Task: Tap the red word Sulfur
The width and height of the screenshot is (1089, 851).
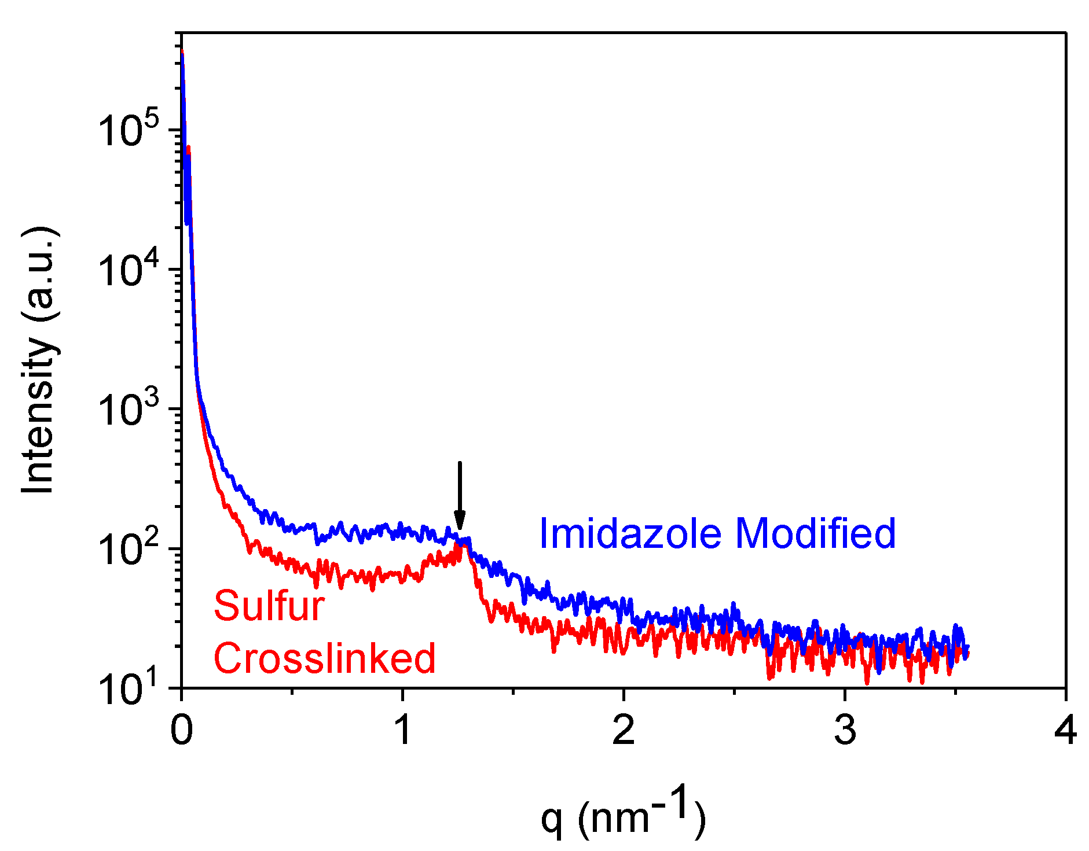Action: [x=269, y=606]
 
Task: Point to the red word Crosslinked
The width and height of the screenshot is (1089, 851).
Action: [x=324, y=658]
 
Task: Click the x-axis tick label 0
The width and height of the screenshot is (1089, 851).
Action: [x=181, y=730]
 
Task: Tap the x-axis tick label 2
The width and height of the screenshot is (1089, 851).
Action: [x=624, y=730]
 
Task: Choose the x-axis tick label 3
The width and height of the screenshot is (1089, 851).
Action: [x=845, y=730]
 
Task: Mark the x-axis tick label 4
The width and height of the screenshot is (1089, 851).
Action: [x=1065, y=730]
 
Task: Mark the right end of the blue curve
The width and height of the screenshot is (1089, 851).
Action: [x=967, y=646]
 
